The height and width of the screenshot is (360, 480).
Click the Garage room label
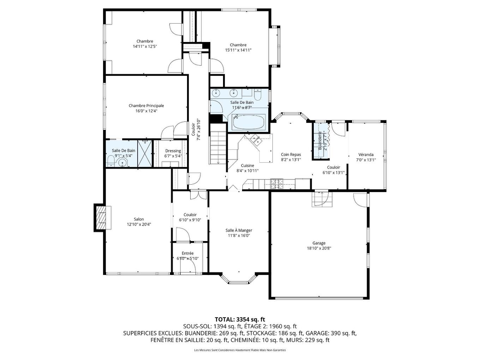(x=319, y=243)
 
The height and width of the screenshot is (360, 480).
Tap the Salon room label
(x=139, y=219)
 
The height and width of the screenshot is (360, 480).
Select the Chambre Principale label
(x=146, y=106)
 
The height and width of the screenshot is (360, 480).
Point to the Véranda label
(x=366, y=155)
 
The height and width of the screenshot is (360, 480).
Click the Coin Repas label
(x=291, y=155)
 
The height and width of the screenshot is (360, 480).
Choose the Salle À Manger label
(x=239, y=230)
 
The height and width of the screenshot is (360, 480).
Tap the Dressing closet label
(x=173, y=151)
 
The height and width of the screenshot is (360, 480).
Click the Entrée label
(x=188, y=253)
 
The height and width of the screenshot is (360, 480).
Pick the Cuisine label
(x=247, y=166)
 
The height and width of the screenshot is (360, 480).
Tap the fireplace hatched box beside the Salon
(x=102, y=218)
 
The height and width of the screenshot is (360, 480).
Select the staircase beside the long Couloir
(x=218, y=144)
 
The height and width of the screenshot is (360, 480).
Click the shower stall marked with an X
(x=144, y=153)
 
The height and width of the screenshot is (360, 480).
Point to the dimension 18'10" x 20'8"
(x=319, y=248)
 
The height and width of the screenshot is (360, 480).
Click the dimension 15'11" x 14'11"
(x=238, y=50)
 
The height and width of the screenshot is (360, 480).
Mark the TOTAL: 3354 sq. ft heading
(x=240, y=319)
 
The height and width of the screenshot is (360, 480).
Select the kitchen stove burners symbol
(x=277, y=184)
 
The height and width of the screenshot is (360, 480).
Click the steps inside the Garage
(x=322, y=199)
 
